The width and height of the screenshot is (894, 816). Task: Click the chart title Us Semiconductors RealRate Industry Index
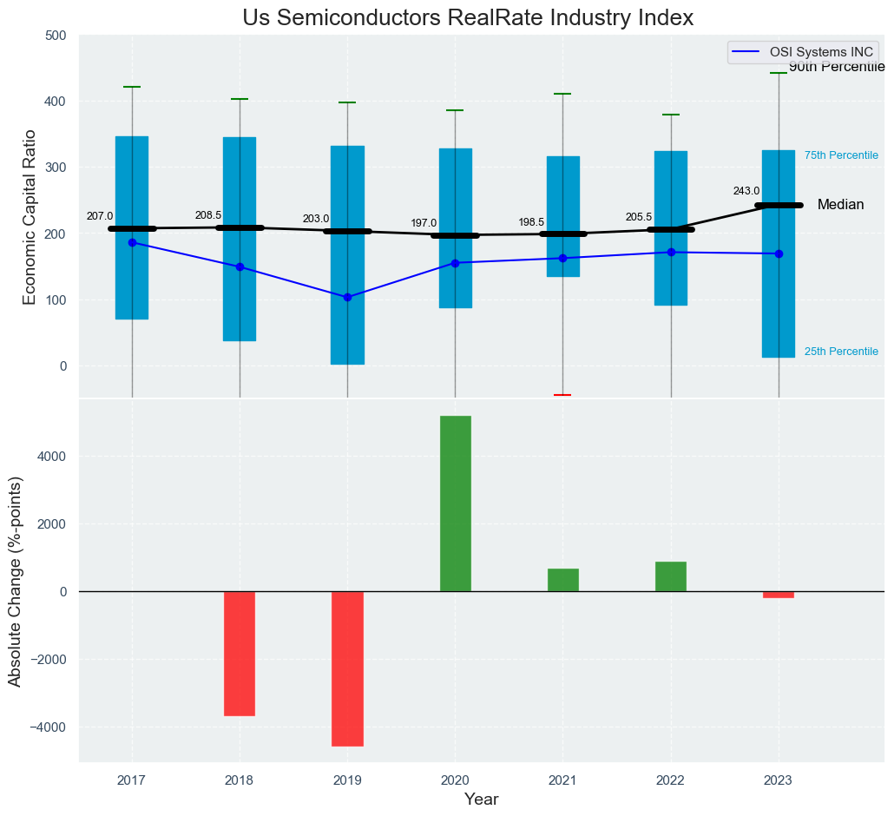468,18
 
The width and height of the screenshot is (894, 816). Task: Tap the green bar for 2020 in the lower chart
456,503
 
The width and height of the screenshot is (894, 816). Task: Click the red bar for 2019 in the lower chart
347,668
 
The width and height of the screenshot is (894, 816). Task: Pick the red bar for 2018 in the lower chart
240,653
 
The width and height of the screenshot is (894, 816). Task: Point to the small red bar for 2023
779,595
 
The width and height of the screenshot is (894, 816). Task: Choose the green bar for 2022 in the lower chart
671,576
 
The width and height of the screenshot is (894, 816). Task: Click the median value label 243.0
746,191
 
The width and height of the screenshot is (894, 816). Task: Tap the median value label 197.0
424,223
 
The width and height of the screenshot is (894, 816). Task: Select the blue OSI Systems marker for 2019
347,297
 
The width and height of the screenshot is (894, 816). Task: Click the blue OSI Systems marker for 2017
132,242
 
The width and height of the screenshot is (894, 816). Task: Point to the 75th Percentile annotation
841,155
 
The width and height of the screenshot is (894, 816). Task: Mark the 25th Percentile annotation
841,352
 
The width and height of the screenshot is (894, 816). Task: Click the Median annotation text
840,205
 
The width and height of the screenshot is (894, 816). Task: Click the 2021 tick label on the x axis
562,781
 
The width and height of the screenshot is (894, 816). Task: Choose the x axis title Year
481,800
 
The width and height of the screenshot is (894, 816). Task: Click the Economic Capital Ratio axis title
30,216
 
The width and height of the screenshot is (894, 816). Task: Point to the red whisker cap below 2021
562,395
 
